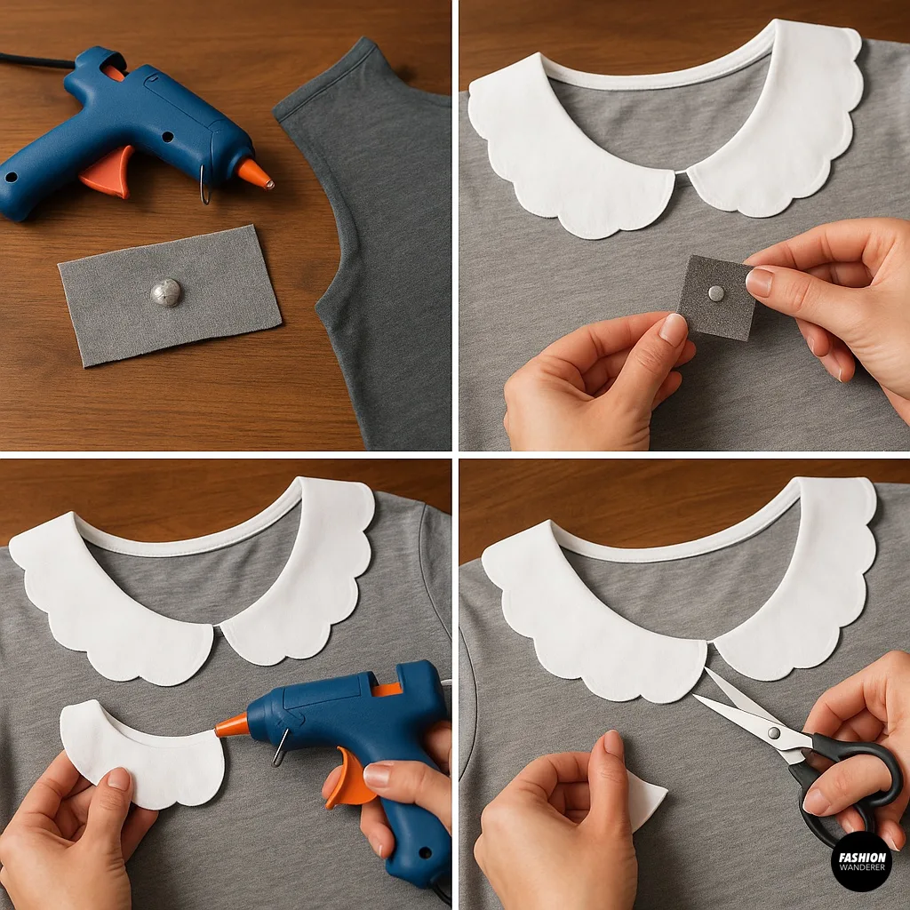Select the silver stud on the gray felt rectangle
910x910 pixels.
coord(166,291)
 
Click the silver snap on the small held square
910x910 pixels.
coord(716,292)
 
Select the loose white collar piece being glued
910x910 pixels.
coord(142,755)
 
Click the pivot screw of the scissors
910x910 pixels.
coord(774,733)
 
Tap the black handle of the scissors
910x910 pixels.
coord(853,782)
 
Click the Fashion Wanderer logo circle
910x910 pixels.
coord(860,861)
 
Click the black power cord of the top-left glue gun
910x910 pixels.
coord(36,60)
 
